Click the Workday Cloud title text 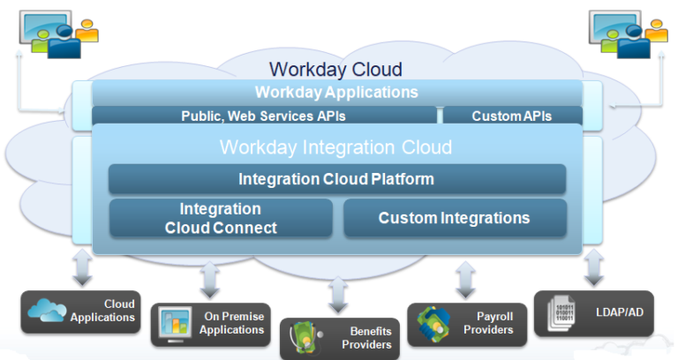click(335, 69)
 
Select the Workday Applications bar click(336, 92)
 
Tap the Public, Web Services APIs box click(264, 116)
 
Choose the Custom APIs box click(512, 116)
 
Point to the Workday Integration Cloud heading click(335, 146)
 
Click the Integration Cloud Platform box click(336, 179)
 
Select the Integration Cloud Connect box click(221, 218)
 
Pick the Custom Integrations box click(454, 218)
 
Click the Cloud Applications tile click(82, 311)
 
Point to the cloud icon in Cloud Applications click(47, 311)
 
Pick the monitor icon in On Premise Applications click(175, 325)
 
